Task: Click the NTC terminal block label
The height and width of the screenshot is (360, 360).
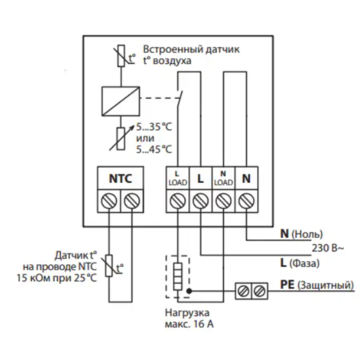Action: tap(120, 178)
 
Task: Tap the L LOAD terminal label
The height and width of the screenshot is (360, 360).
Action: tap(178, 178)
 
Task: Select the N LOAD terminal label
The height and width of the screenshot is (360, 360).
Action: tap(223, 178)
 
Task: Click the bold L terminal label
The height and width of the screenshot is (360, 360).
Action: tap(200, 179)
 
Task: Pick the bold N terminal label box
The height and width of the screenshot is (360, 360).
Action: tap(246, 178)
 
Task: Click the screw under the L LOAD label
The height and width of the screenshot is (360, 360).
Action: tap(178, 201)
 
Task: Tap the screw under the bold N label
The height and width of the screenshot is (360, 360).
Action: tap(246, 201)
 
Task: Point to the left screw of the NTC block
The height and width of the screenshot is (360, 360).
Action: tap(109, 201)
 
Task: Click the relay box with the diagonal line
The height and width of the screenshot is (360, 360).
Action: tap(121, 101)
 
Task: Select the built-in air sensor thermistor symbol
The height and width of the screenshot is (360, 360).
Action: tap(123, 56)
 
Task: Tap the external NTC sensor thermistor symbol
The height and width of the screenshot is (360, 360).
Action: tap(110, 266)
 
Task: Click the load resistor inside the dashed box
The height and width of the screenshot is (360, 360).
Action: tap(178, 276)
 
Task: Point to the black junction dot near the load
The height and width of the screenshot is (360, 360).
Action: tap(189, 291)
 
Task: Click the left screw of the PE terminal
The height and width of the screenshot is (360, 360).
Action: tap(244, 291)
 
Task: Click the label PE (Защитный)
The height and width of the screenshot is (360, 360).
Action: tap(317, 286)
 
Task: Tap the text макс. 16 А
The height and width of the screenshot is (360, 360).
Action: tap(189, 324)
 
